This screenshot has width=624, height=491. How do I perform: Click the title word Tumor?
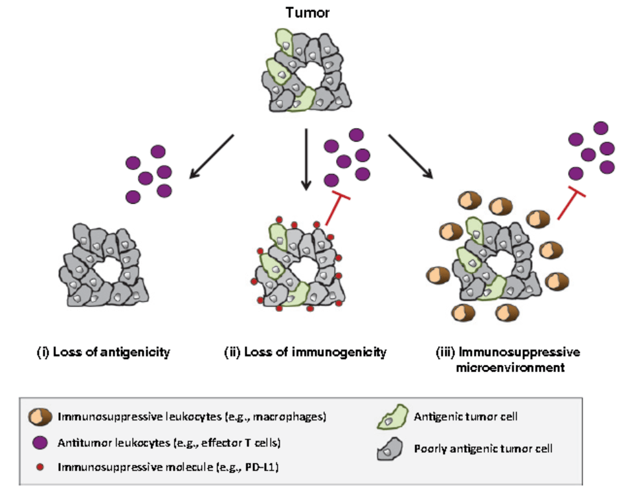click(x=307, y=13)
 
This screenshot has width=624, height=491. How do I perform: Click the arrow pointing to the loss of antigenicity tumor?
click(x=211, y=157)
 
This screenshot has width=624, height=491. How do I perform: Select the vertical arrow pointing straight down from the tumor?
click(x=306, y=159)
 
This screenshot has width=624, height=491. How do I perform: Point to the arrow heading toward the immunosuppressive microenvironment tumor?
click(x=410, y=157)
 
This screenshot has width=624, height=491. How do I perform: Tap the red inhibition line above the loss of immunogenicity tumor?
click(x=337, y=209)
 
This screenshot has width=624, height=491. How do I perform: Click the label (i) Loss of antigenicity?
click(x=104, y=353)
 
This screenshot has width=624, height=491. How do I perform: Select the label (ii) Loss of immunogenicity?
click(x=306, y=353)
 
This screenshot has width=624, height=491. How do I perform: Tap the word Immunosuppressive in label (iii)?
click(x=519, y=352)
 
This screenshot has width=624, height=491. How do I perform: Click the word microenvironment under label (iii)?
click(x=510, y=367)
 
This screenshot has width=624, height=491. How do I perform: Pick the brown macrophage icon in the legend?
click(x=39, y=417)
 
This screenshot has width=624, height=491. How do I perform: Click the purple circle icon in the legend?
click(x=39, y=442)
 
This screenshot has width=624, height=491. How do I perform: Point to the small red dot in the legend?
click(x=39, y=467)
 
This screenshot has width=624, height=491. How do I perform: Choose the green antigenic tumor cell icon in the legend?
click(x=392, y=417)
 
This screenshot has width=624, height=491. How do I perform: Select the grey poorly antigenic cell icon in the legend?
click(x=390, y=449)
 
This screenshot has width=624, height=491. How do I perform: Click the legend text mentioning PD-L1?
click(x=168, y=467)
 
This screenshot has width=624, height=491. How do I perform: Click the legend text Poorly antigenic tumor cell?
click(x=483, y=449)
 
